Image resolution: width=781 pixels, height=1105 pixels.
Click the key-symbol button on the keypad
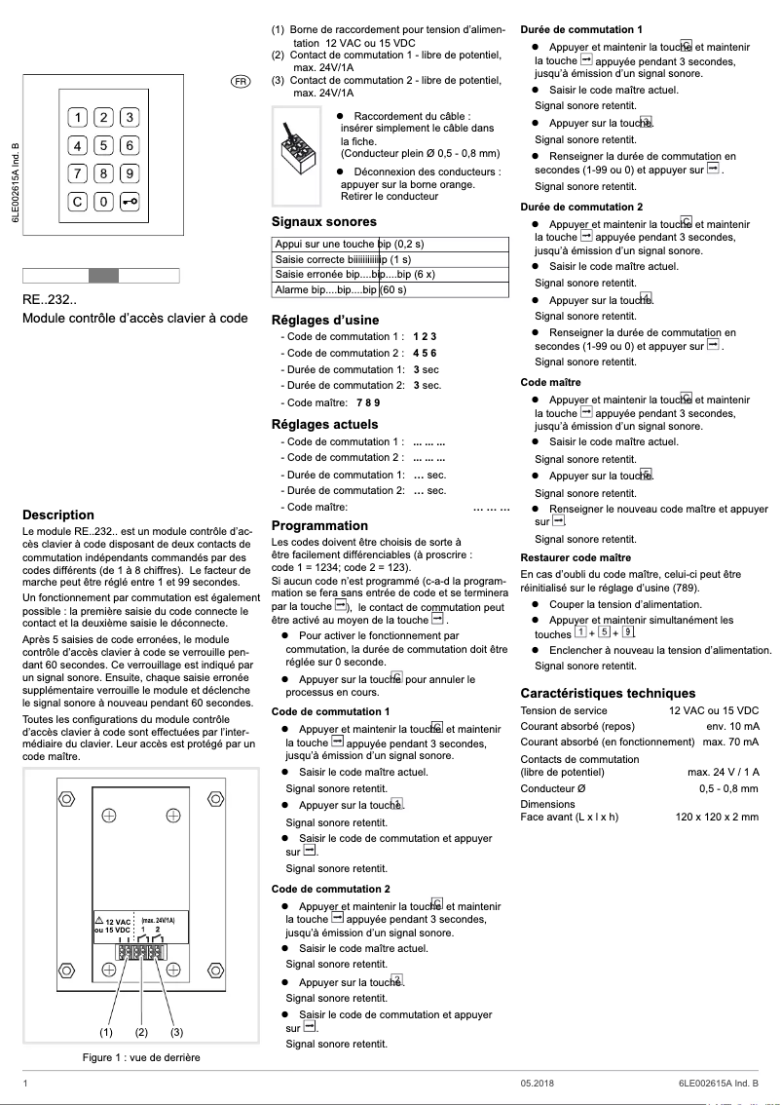[129, 202]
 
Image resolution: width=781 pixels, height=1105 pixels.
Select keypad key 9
[129, 173]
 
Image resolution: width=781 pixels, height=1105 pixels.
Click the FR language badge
[241, 79]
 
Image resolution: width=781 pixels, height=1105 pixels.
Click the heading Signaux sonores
[323, 222]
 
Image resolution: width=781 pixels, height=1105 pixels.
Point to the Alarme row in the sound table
[390, 289]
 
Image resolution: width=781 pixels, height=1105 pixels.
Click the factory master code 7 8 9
[368, 402]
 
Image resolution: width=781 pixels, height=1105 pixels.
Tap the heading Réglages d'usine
[325, 320]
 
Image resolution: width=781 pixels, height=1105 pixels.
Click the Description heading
[58, 514]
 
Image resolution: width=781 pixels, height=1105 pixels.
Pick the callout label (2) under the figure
[141, 1032]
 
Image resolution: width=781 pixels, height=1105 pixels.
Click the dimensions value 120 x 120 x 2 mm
[717, 817]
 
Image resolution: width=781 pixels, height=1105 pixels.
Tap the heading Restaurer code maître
[576, 557]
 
